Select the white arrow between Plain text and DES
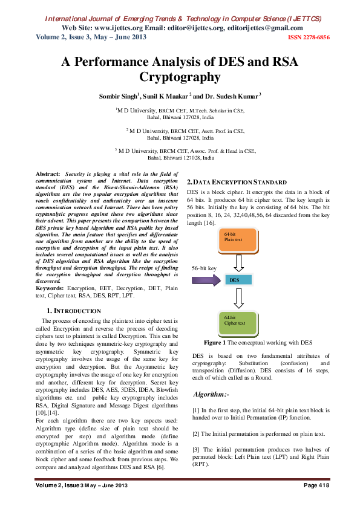click(x=240, y=263)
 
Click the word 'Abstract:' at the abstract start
click(x=48, y=173)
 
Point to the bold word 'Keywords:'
click(x=51, y=289)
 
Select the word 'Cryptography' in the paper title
click(x=180, y=77)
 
